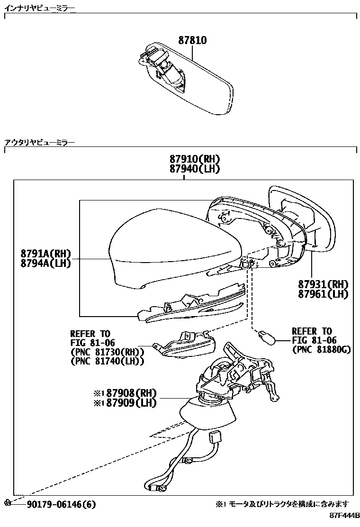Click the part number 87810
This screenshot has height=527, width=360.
click(192, 41)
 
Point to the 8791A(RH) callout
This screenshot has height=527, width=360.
click(45, 254)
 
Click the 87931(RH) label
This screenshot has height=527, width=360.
click(323, 284)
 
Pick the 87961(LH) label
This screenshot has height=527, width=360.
click(323, 294)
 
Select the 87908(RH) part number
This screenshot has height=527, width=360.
click(131, 393)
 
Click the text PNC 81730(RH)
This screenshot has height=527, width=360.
click(107, 352)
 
